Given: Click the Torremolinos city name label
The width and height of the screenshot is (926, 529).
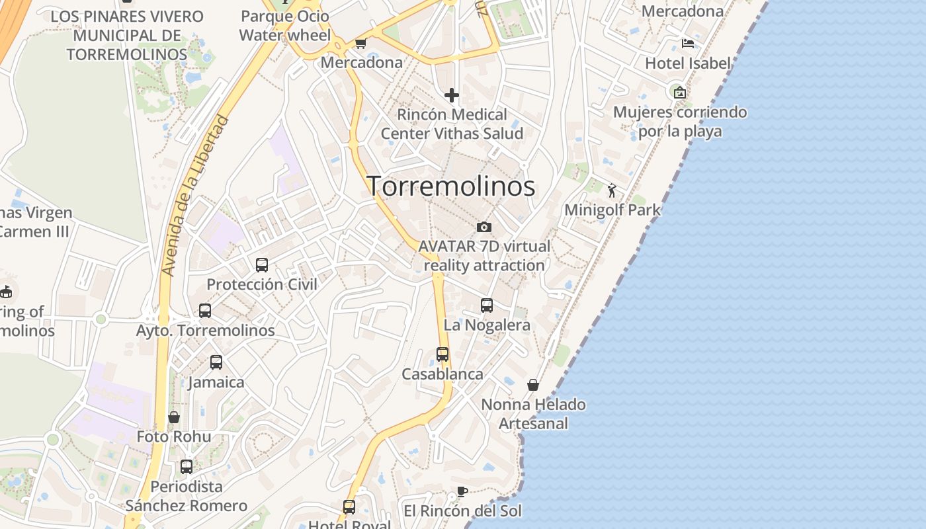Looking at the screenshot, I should click(x=450, y=186).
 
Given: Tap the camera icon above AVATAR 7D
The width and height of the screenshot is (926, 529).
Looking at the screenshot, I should click(x=484, y=227).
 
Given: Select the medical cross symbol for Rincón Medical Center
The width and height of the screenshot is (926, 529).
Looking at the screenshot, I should click(x=452, y=95).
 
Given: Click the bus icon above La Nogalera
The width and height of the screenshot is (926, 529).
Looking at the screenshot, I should click(x=487, y=305).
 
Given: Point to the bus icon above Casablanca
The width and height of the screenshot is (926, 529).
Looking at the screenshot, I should click(x=442, y=354).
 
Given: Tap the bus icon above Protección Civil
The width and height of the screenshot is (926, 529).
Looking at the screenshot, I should click(x=262, y=265).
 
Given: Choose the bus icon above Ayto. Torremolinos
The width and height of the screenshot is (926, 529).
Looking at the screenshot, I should click(x=205, y=310).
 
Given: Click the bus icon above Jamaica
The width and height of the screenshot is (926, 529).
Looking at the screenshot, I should click(x=216, y=362).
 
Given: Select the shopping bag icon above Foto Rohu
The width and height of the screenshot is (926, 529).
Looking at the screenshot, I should click(x=174, y=417).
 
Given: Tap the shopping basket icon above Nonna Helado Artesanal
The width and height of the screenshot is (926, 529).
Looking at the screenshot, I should click(x=533, y=385).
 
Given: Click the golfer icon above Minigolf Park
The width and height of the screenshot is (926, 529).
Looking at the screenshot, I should click(x=612, y=190).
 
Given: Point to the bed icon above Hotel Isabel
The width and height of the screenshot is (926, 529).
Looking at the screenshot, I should click(x=688, y=44).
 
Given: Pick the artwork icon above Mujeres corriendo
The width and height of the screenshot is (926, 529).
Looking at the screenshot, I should click(x=679, y=93).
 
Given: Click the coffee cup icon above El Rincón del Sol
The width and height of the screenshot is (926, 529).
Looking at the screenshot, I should click(x=462, y=491).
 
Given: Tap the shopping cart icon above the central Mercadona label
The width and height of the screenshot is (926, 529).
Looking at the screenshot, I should click(x=360, y=43).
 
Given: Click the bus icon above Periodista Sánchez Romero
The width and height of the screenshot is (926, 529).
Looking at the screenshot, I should click(x=187, y=466).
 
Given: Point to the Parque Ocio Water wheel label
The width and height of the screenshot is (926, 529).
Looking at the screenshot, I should click(x=285, y=25).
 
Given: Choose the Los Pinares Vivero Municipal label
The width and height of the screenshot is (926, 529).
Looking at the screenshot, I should click(x=127, y=35).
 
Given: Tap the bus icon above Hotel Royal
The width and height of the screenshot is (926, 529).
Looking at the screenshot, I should click(x=349, y=507).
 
